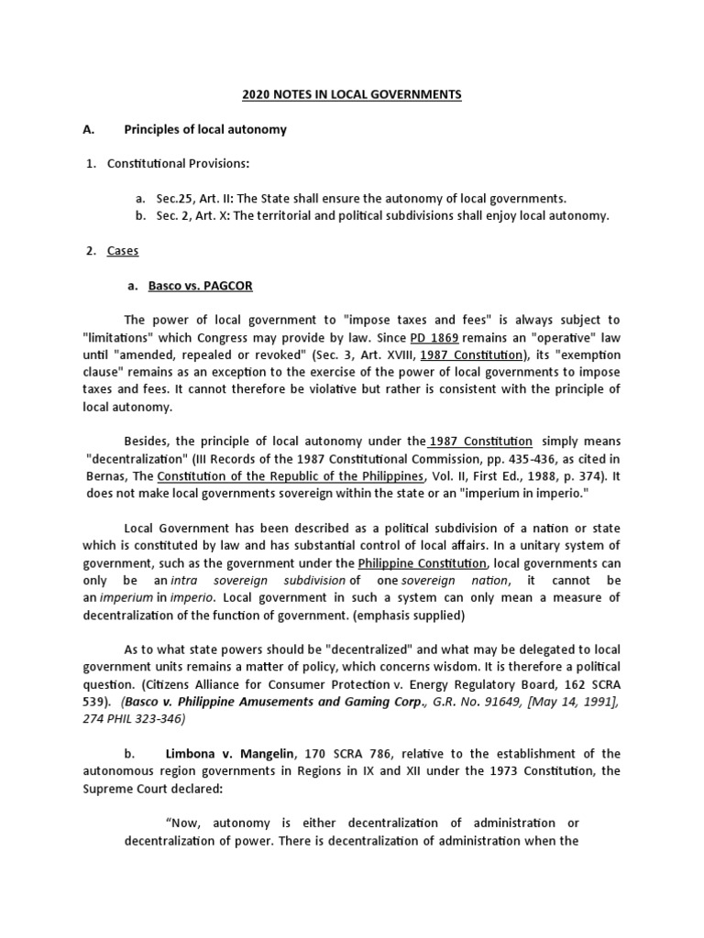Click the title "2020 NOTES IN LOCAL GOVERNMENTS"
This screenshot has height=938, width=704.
pyautogui.click(x=352, y=94)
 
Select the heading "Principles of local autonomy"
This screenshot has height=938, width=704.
pyautogui.click(x=205, y=129)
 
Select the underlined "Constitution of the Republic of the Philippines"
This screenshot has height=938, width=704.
pyautogui.click(x=291, y=476)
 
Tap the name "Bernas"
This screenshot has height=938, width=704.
pyautogui.click(x=109, y=476)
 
